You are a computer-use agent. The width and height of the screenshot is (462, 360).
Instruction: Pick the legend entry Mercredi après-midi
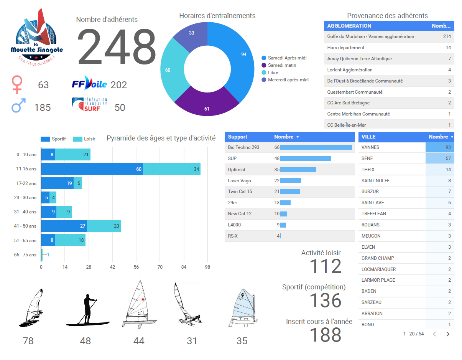[288, 80]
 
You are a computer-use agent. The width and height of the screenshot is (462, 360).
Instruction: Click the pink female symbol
[17, 84]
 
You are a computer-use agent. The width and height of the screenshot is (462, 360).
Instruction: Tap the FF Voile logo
[89, 84]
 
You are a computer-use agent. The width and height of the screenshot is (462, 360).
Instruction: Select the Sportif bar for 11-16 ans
[92, 169]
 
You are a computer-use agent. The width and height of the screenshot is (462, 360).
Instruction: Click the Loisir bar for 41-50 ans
[104, 226]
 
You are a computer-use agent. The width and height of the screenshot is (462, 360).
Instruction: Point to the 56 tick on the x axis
[136, 267]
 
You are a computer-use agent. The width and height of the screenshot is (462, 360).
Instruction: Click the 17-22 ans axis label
[26, 183]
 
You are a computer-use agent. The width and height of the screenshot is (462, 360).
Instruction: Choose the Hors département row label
[346, 48]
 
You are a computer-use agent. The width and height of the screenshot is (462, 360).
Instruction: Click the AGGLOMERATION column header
[349, 26]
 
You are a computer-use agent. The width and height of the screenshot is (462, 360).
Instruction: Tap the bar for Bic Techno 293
[316, 147]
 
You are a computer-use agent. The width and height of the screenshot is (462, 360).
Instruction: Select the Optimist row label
[237, 170]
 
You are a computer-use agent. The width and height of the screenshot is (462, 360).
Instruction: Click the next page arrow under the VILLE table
[448, 334]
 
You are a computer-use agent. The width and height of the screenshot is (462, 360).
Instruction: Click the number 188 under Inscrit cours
[325, 335]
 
